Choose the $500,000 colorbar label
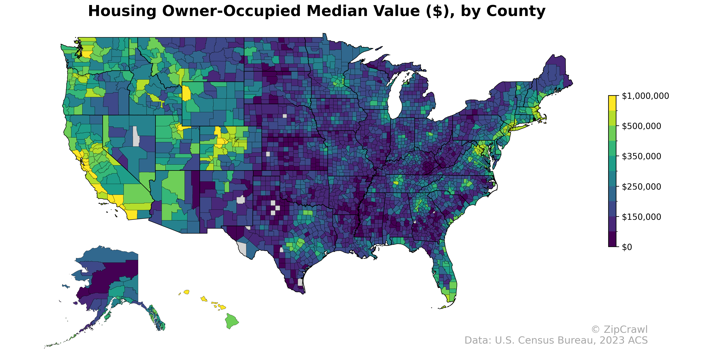pos(641,126)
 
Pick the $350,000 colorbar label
pos(641,156)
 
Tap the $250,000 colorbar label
pos(641,186)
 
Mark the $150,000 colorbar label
pos(641,217)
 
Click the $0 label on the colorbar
pos(627,247)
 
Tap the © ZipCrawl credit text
pos(619,330)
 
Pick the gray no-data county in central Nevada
pos(136,136)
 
